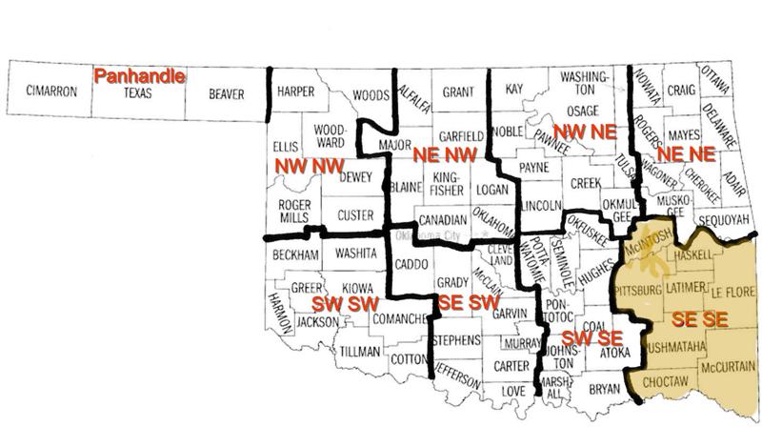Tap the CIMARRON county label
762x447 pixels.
(52, 93)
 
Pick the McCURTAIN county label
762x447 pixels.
(728, 366)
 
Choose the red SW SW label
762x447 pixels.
(347, 303)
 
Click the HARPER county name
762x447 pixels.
(295, 93)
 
